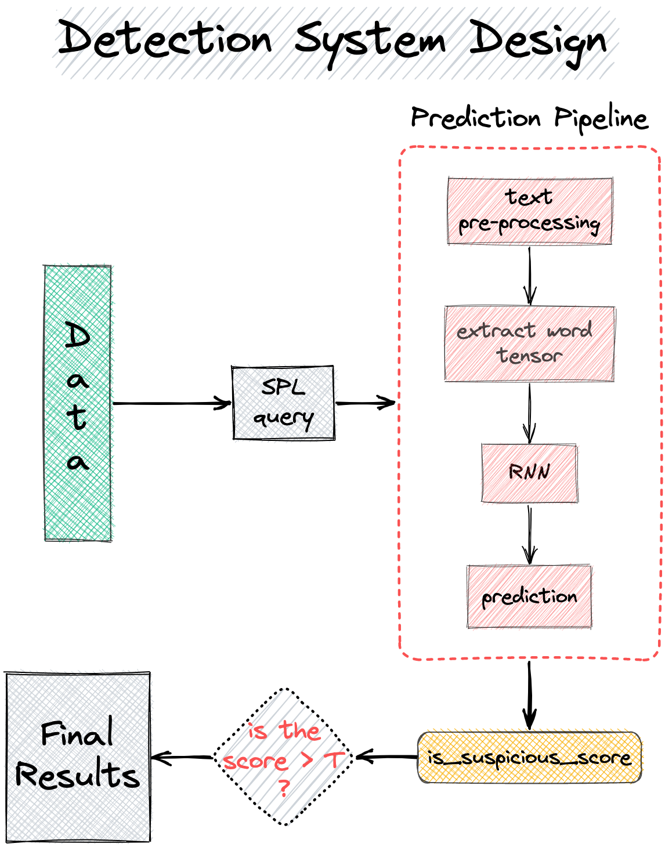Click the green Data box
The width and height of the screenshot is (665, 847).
(79, 403)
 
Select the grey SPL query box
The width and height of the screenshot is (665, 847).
(284, 403)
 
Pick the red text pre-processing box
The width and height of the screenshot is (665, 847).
(530, 211)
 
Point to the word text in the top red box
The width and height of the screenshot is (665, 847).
(529, 197)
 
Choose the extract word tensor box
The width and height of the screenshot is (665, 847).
(529, 343)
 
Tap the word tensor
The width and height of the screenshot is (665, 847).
(529, 355)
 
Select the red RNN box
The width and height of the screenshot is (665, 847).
(530, 474)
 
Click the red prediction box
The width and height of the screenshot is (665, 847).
(530, 597)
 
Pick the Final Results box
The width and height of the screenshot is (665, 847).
(79, 756)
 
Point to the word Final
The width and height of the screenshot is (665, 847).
(78, 736)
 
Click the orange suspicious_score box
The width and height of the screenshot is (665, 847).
(530, 756)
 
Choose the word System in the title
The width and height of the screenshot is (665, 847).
(371, 42)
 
